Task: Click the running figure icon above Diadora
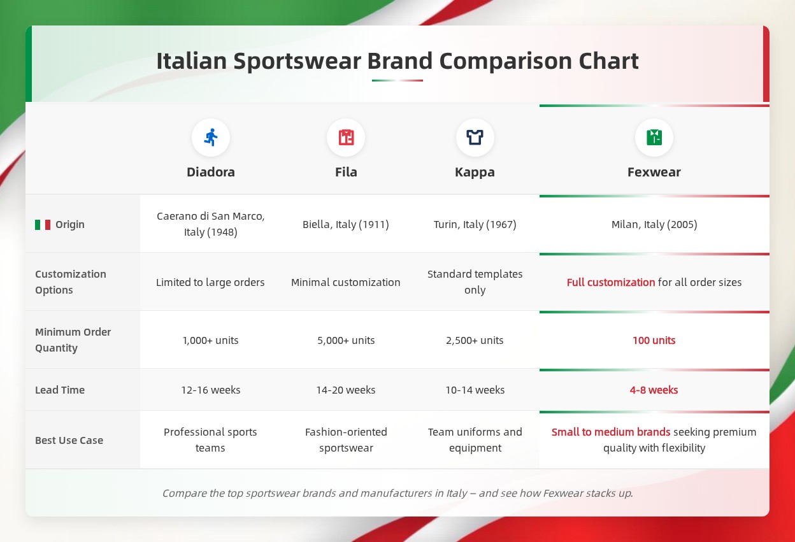coord(211,138)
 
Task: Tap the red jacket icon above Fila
coord(346,138)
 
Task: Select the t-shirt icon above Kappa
coord(475,138)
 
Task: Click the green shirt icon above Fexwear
coord(654,138)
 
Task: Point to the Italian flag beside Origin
coord(43,225)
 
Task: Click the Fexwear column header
coord(654,172)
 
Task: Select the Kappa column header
coord(475,173)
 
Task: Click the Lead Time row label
coord(60,390)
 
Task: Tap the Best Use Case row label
coord(69,441)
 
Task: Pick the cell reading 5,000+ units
coord(346,340)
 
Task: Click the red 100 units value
coord(654,340)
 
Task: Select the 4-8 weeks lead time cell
coord(654,390)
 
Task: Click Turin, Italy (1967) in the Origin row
coord(475,225)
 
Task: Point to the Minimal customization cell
coord(346,283)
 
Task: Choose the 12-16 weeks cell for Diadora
coord(211,390)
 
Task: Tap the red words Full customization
coord(611,283)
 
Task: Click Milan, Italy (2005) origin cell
coord(654,225)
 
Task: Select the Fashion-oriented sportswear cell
coord(346,440)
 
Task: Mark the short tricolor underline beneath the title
coord(397,81)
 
